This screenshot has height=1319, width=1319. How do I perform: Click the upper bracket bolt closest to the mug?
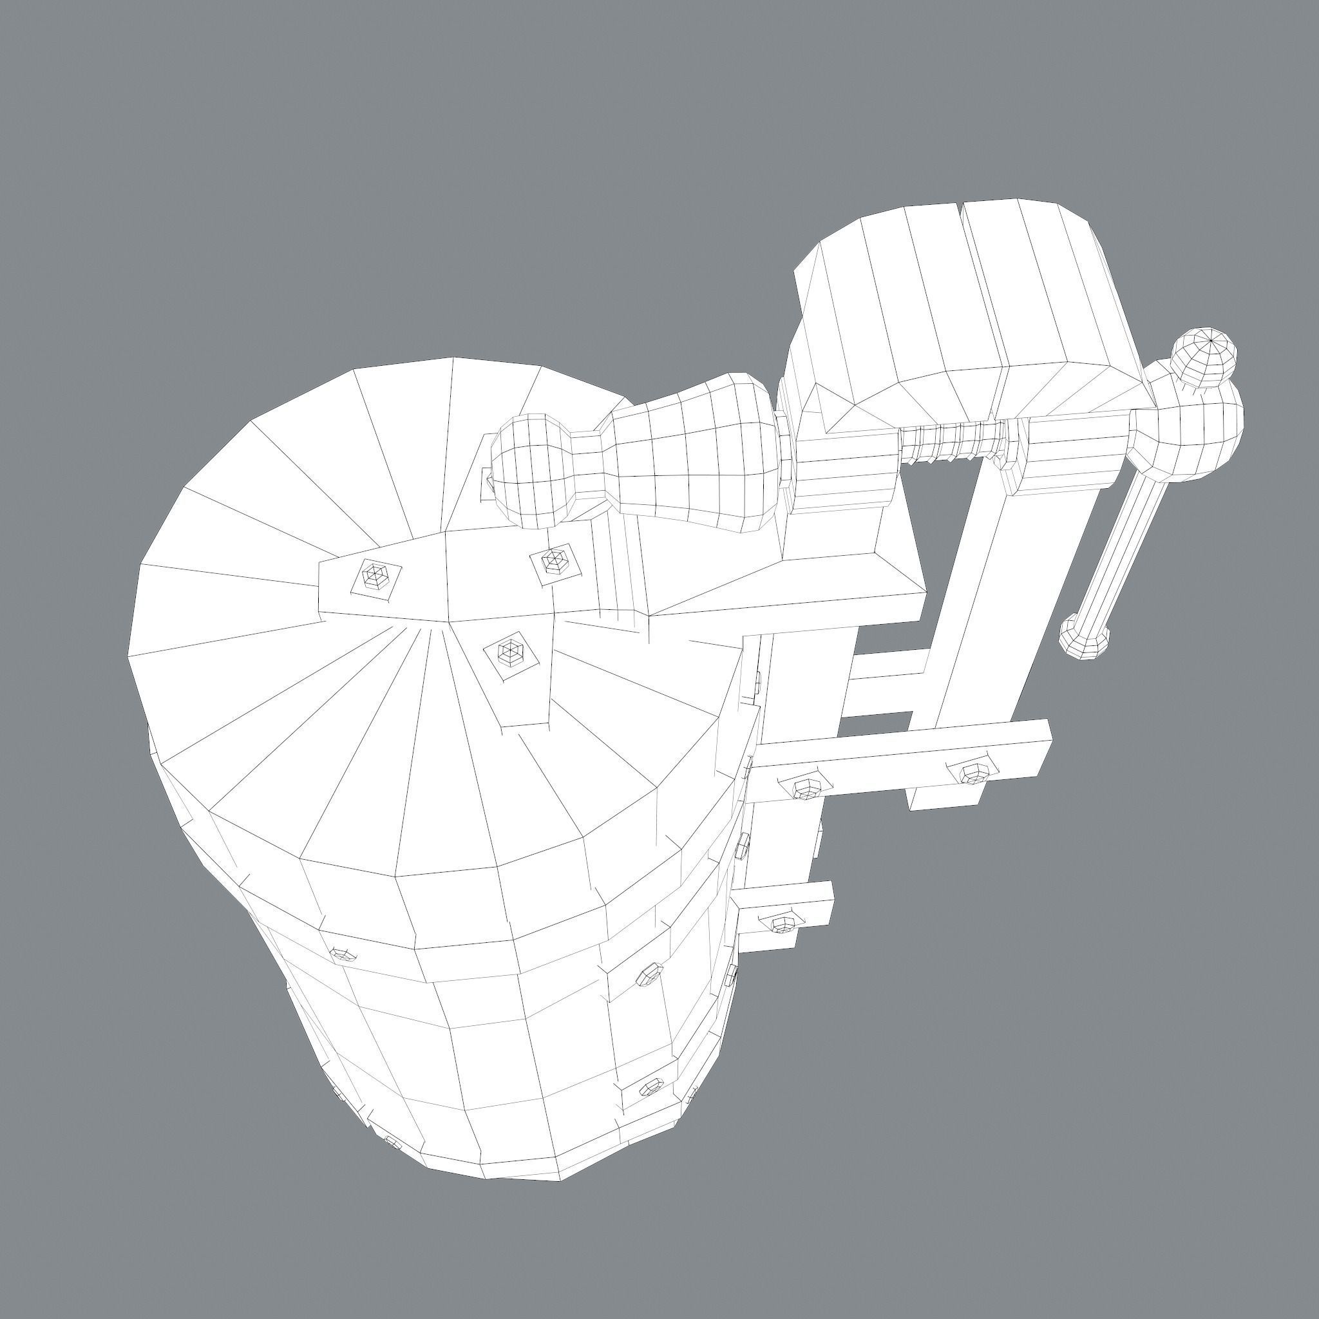pos(808,788)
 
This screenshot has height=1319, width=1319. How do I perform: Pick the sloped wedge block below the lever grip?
pos(785,580)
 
